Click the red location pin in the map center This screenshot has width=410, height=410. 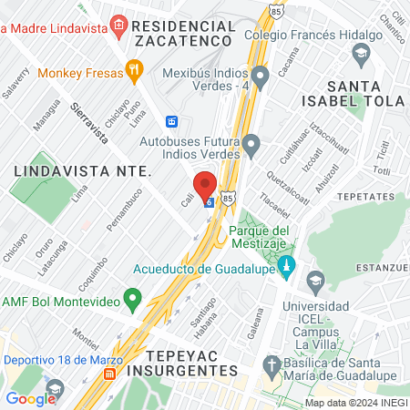205,185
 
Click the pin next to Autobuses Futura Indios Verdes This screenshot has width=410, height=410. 251,144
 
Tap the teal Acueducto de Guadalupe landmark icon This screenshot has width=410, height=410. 288,267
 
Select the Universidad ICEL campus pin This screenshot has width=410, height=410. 315,279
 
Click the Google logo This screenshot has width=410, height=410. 31,398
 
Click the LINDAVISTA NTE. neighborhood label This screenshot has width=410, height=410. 68,170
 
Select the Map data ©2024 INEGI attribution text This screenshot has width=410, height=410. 354,402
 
